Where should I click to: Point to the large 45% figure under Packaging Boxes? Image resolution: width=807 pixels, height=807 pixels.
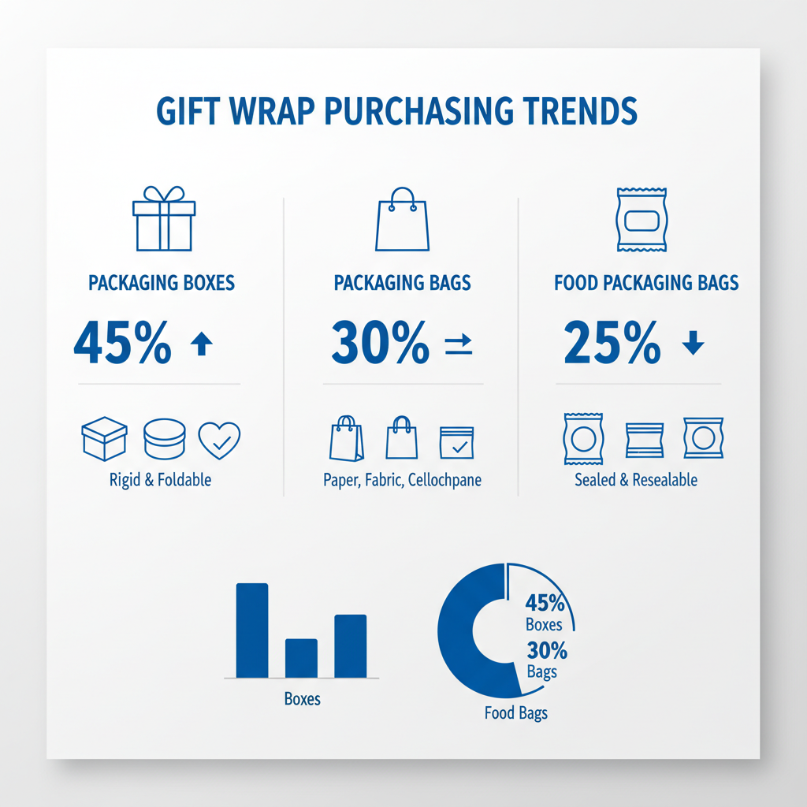pos(122,344)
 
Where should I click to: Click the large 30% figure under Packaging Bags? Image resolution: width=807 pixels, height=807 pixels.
pos(381,344)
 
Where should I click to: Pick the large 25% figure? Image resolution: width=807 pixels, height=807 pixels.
pos(612,344)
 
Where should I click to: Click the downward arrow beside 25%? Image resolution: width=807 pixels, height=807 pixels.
pos(692,344)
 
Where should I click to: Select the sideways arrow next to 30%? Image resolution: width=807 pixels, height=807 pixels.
pos(458,344)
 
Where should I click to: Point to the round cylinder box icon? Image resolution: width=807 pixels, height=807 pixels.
pos(164,439)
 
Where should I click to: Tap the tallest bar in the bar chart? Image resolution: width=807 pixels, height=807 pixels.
pos(252,630)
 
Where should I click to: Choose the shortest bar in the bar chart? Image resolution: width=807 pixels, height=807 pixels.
pos(300,657)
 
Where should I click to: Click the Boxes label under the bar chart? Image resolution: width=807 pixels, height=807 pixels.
pos(302,699)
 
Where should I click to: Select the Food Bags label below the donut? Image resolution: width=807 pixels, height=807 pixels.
pos(516,714)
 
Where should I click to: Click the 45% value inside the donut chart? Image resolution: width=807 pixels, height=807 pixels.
pos(545,604)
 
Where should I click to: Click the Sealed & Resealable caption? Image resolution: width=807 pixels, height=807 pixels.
pos(636,480)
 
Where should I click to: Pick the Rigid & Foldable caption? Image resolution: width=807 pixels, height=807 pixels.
pos(161,480)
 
